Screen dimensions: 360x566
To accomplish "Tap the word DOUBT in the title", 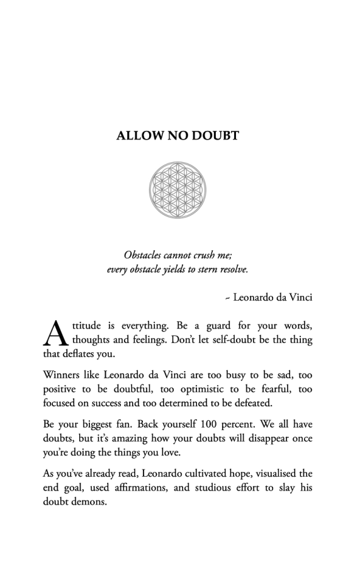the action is pos(214,135).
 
